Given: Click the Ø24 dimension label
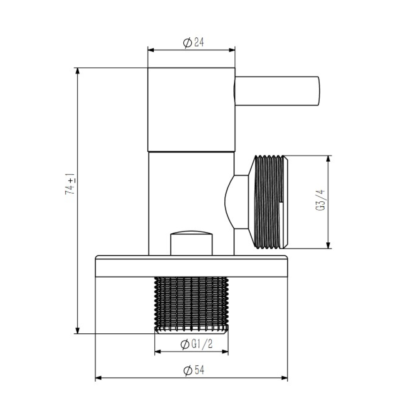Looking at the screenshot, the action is pos(194,43).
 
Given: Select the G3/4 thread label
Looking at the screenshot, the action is pos(320,200).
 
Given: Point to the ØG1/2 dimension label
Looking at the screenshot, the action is pos(197,344).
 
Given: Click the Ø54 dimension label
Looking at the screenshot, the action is pos(194,370).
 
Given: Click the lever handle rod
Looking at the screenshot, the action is pos(277,91).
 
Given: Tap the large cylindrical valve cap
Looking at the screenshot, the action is pos(191,110).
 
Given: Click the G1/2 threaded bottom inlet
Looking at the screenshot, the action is pos(191,305).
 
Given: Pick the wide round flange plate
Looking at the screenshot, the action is pos(191,266).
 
